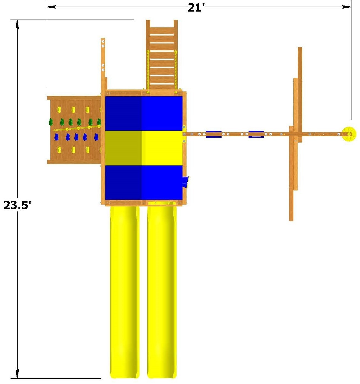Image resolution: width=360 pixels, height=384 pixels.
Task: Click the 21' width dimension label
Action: click(196, 8)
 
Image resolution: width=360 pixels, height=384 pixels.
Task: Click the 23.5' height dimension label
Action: click(17, 205)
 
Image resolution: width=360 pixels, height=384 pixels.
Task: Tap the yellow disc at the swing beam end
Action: click(349, 134)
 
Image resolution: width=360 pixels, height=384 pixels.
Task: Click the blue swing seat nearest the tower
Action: click(214, 134)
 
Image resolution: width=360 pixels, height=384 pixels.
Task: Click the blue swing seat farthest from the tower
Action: click(256, 134)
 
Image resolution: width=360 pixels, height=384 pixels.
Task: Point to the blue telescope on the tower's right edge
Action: click(186, 182)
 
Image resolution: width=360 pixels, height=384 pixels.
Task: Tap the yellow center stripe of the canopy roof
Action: click(144, 148)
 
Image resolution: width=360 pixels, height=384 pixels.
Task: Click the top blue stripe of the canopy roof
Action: click(144, 114)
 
